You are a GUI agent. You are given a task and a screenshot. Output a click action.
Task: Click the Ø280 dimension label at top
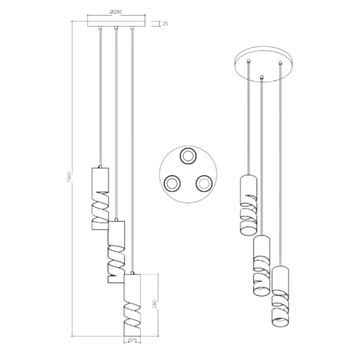(116, 12)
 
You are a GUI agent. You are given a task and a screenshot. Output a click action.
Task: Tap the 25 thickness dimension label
(166, 24)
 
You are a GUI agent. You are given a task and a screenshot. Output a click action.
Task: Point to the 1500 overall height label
(70, 177)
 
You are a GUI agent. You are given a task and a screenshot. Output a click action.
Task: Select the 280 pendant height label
(154, 304)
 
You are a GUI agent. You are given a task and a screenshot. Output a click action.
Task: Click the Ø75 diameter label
(132, 340)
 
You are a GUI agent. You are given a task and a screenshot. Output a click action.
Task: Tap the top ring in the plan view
(188, 156)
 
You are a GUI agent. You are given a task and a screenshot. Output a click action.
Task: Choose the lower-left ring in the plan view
(172, 183)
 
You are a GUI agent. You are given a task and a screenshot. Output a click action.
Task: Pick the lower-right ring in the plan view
(204, 183)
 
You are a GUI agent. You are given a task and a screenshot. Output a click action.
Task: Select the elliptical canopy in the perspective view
(264, 64)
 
